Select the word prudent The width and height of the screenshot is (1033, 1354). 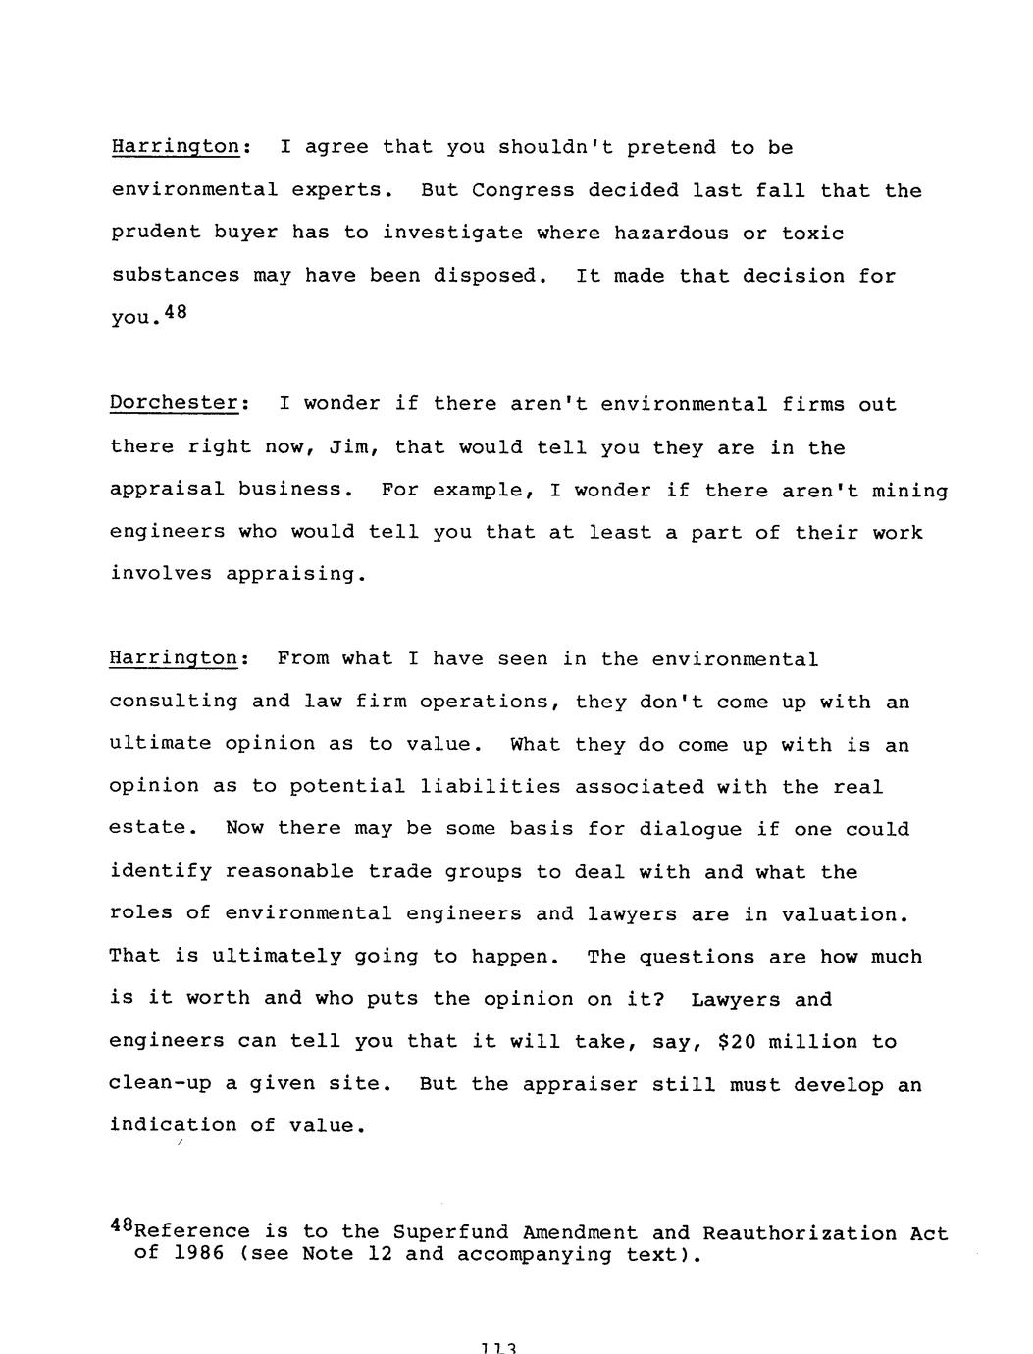pyautogui.click(x=155, y=234)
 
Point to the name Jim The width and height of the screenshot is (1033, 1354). pyautogui.click(x=347, y=447)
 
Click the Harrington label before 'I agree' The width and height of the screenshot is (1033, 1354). pyautogui.click(x=175, y=148)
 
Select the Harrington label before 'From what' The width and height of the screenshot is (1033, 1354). pyautogui.click(x=173, y=659)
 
